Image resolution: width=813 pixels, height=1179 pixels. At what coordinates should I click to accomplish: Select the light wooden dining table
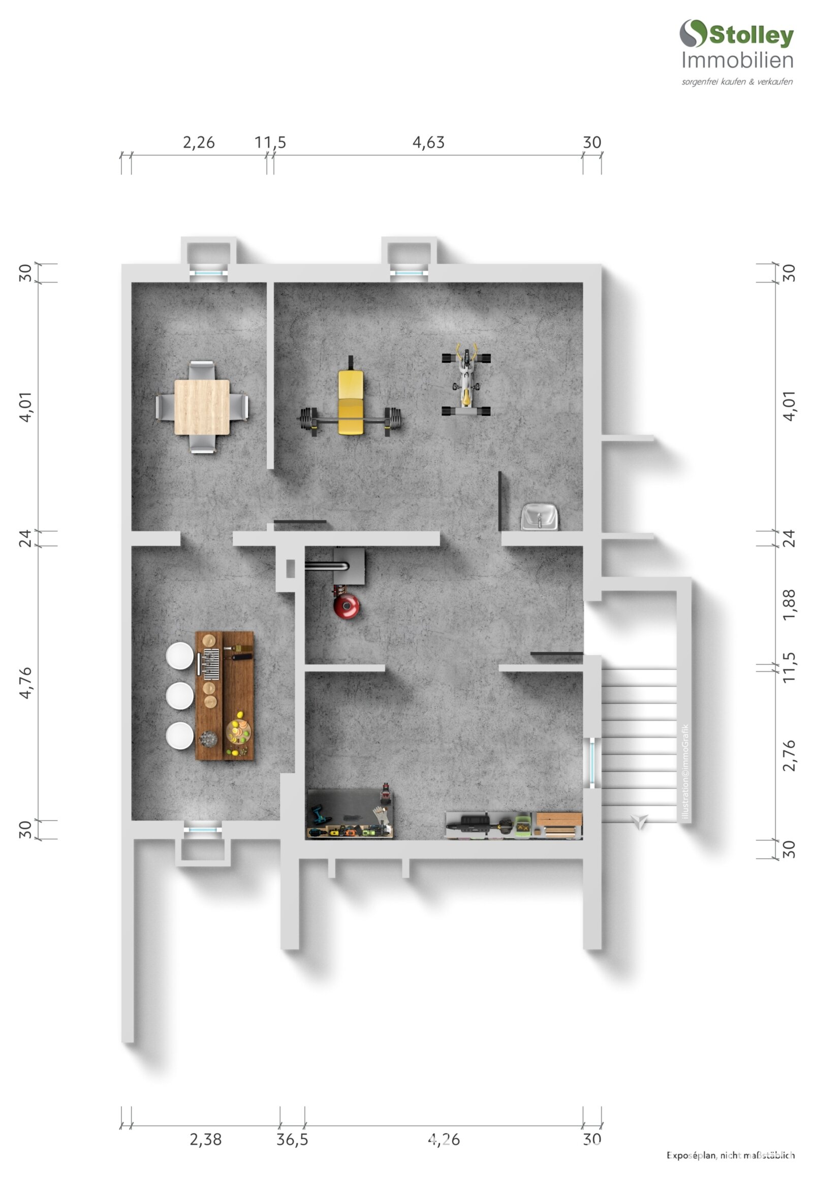pyautogui.click(x=202, y=407)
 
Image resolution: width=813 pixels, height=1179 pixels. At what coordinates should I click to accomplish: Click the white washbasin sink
pyautogui.click(x=540, y=517)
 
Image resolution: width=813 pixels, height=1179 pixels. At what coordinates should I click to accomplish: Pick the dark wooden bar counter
pyautogui.click(x=225, y=696)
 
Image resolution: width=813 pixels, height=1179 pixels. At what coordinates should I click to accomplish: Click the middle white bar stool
pyautogui.click(x=179, y=695)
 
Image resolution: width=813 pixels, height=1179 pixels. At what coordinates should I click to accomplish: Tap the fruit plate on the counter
pyautogui.click(x=238, y=731)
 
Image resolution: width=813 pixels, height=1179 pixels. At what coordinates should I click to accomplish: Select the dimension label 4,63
pyautogui.click(x=428, y=143)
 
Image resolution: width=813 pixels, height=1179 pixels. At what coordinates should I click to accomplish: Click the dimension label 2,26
pyautogui.click(x=199, y=143)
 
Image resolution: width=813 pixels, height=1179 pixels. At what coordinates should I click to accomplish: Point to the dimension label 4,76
pyautogui.click(x=25, y=683)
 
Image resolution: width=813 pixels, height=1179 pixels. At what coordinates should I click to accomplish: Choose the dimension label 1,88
pyautogui.click(x=789, y=604)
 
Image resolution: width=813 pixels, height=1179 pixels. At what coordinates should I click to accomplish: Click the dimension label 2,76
pyautogui.click(x=789, y=756)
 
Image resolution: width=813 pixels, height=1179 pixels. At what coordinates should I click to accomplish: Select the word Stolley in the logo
pyautogui.click(x=752, y=35)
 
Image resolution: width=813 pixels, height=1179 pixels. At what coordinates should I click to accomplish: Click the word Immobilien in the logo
pyautogui.click(x=738, y=60)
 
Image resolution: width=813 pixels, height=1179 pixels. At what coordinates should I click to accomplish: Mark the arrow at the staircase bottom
pyautogui.click(x=639, y=821)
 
